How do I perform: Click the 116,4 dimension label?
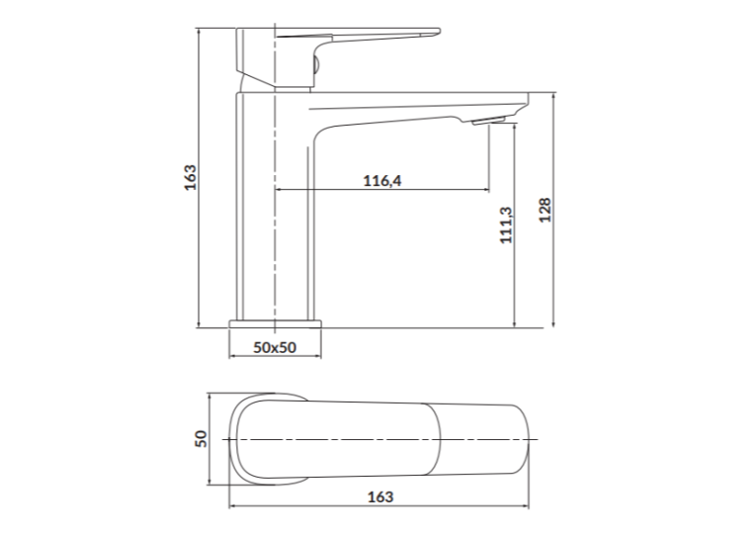[x=381, y=181]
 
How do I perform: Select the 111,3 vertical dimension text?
[x=506, y=225]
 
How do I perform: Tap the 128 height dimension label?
[x=545, y=210]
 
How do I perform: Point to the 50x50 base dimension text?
[x=275, y=347]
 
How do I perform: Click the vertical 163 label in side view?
[x=191, y=177]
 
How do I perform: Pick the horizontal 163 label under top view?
[x=380, y=496]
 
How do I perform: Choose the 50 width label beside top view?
[x=201, y=439]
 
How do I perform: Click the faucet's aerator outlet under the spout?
[x=488, y=120]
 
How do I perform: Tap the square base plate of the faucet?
[x=276, y=323]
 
